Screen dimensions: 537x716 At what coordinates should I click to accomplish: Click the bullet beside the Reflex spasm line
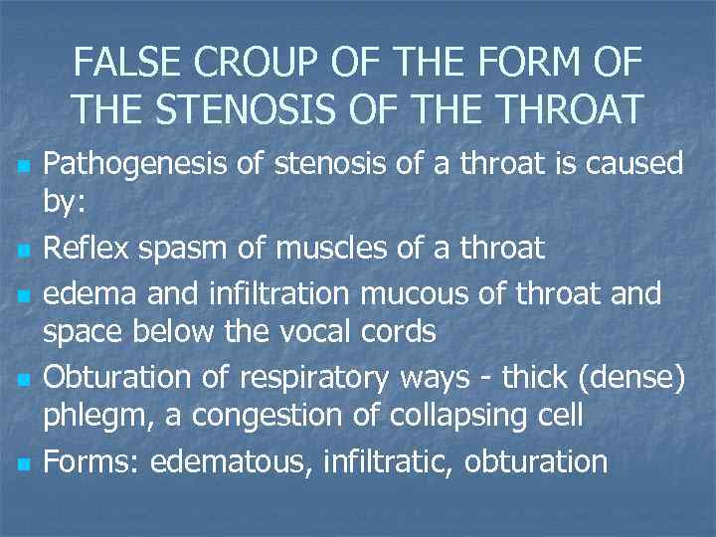[23, 249]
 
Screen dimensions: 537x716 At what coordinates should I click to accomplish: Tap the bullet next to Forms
[23, 462]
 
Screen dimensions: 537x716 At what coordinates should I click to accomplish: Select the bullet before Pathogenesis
[23, 163]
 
